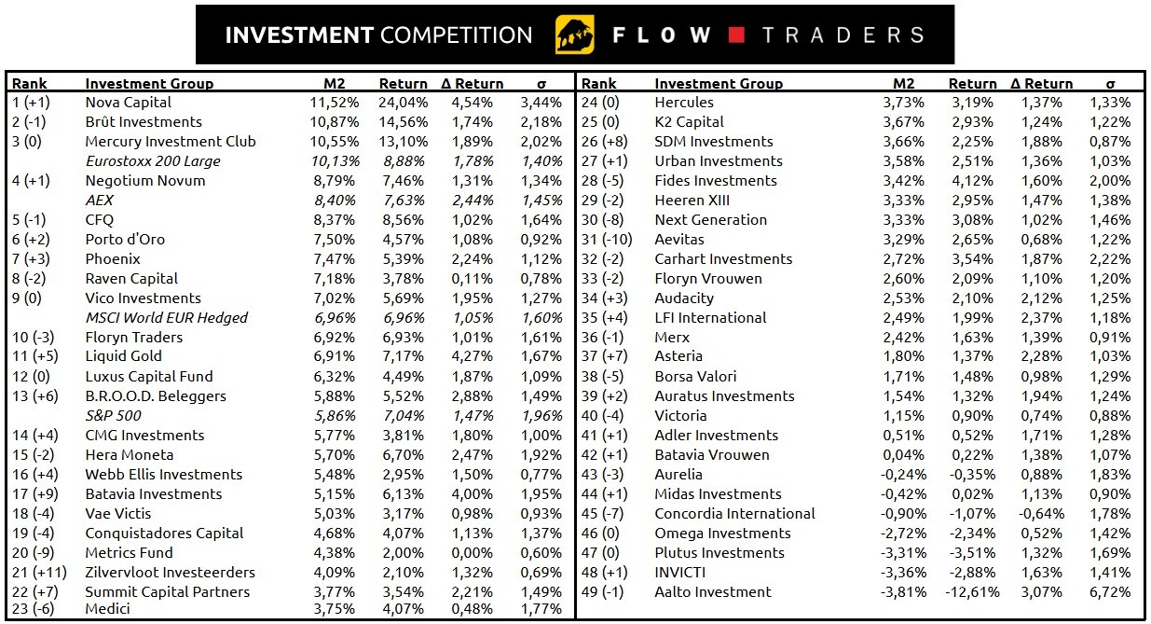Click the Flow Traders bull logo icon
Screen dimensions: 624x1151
[574, 35]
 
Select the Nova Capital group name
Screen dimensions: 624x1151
[129, 103]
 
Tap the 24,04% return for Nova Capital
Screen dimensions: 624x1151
[403, 103]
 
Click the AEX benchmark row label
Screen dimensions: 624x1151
[99, 201]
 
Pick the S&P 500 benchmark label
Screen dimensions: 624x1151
[114, 415]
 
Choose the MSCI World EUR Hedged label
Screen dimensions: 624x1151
[166, 318]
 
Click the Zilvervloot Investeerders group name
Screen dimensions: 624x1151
[170, 573]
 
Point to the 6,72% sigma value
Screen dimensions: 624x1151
[1110, 592]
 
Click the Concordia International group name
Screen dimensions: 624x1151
[734, 514]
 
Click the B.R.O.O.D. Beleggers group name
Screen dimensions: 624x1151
[156, 396]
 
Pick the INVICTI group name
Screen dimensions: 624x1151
[679, 573]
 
